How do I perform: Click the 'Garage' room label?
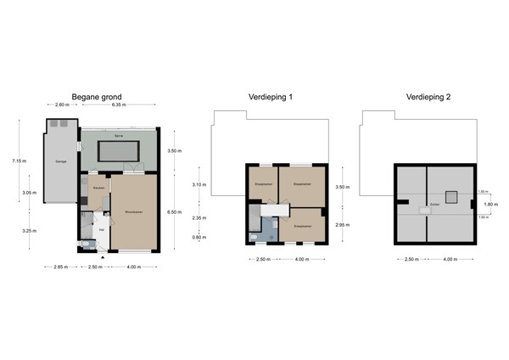pyautogui.click(x=60, y=160)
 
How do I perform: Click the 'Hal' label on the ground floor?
pyautogui.click(x=102, y=228)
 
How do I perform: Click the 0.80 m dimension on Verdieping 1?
pyautogui.click(x=199, y=237)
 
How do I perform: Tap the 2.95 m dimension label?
pyautogui.click(x=342, y=225)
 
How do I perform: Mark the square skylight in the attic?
pyautogui.click(x=453, y=197)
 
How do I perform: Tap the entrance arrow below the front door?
pyautogui.click(x=103, y=257)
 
